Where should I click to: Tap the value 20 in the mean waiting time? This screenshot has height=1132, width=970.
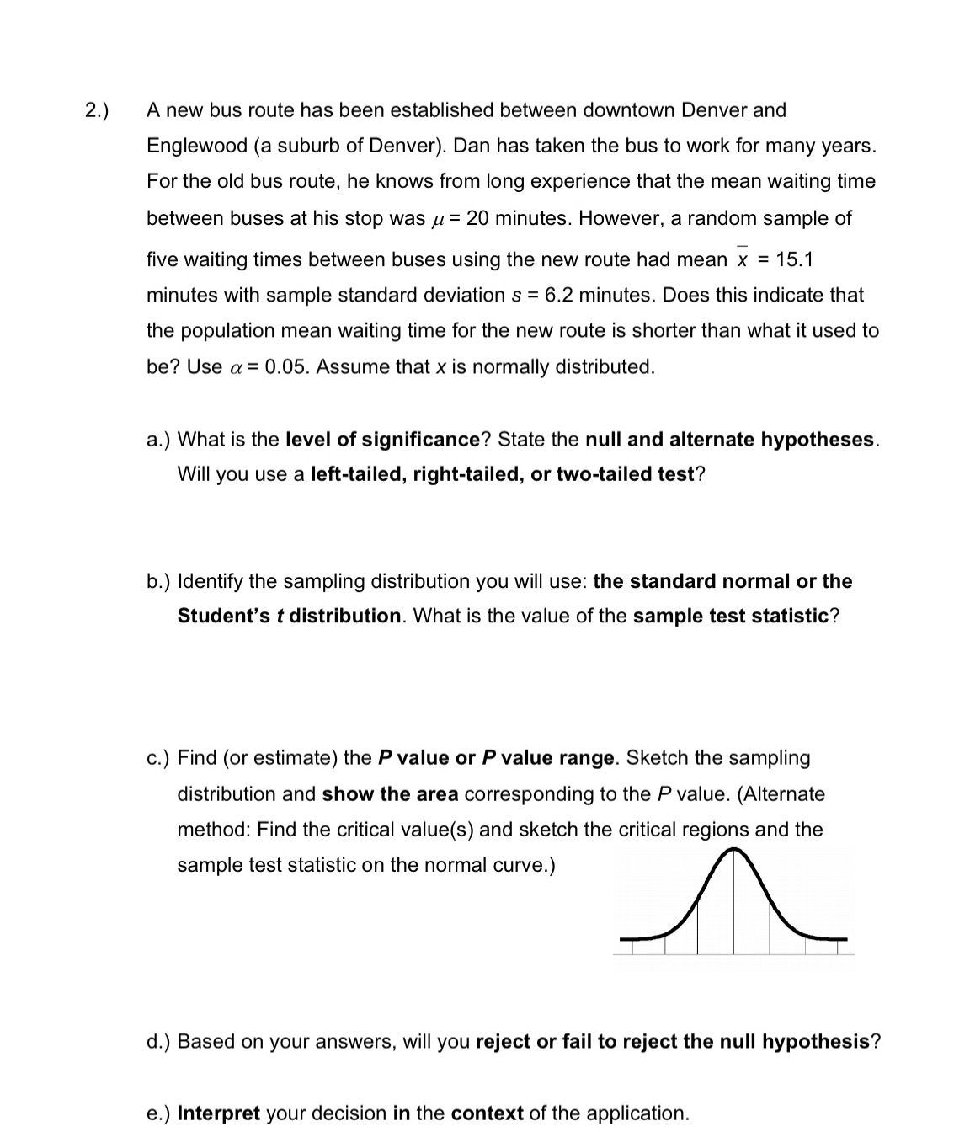[477, 218]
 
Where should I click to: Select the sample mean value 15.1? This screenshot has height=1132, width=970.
[794, 259]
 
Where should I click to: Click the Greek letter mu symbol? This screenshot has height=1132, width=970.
[436, 220]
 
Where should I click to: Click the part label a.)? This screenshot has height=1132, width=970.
[159, 440]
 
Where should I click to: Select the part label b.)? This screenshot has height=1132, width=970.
[159, 581]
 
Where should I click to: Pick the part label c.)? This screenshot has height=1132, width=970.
[158, 758]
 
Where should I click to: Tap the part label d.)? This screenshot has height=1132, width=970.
[159, 1042]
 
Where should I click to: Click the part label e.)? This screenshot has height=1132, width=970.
[159, 1113]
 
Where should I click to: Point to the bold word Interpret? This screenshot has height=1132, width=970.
[218, 1113]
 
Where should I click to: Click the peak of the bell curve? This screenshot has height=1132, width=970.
[733, 852]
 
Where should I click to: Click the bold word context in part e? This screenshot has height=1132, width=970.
[488, 1113]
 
